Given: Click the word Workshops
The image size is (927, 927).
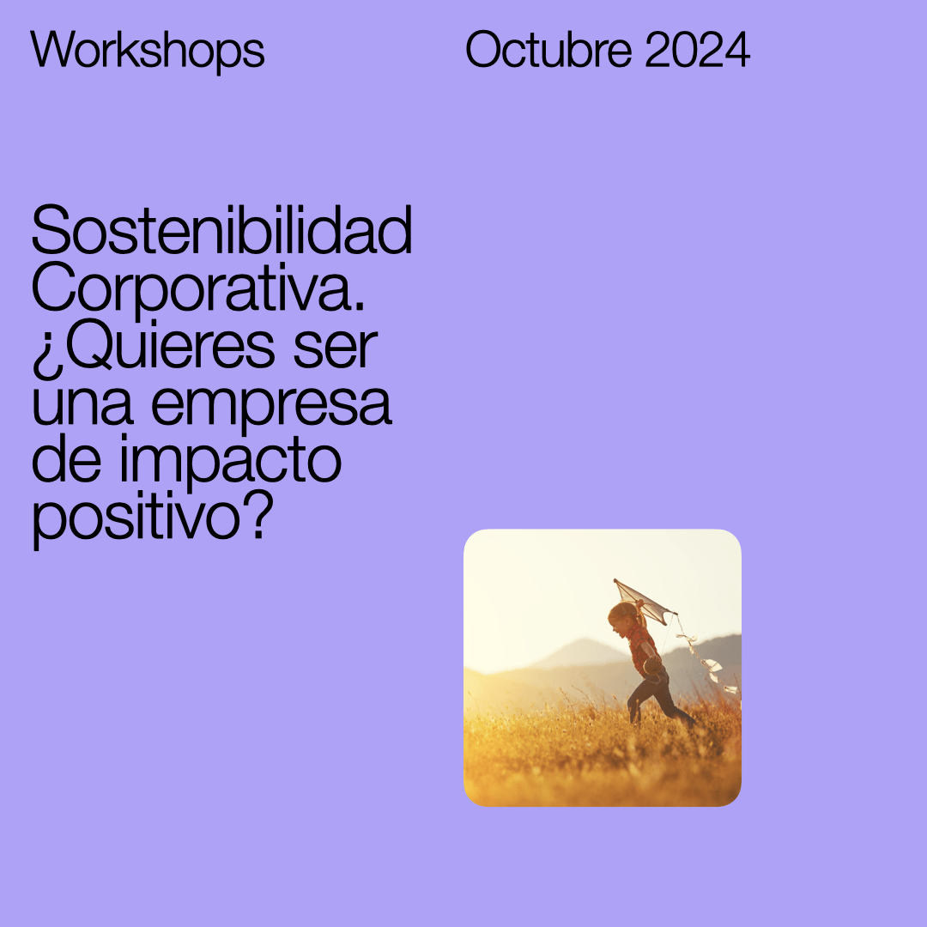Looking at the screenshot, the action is click(x=148, y=51).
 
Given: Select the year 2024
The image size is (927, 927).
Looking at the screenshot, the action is click(x=698, y=50).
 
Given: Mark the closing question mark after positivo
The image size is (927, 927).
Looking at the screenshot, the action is click(x=258, y=515).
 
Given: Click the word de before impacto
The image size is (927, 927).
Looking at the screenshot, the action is click(x=67, y=459).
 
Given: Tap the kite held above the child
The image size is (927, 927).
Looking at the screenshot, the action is click(x=643, y=601).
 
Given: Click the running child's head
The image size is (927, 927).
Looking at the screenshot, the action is click(x=622, y=618).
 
